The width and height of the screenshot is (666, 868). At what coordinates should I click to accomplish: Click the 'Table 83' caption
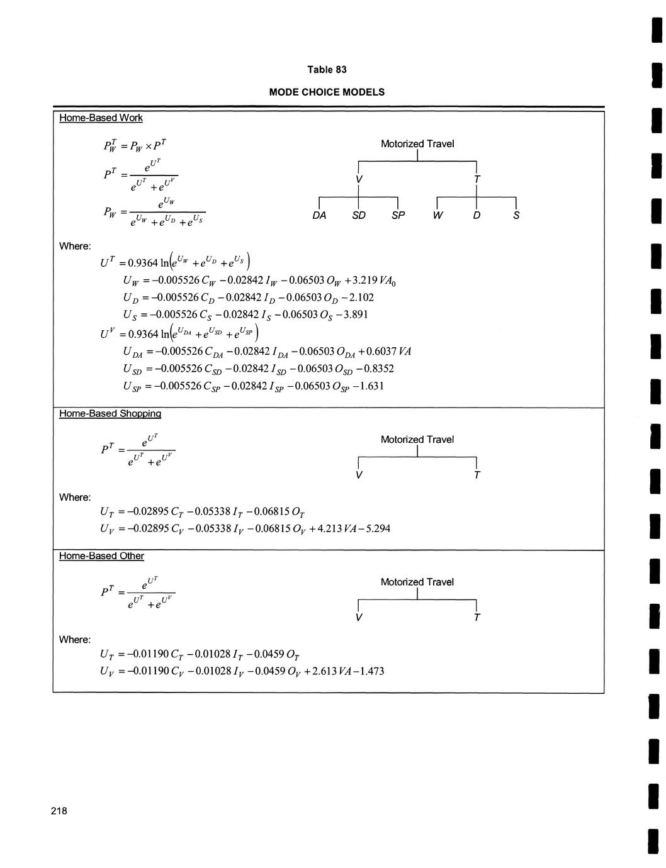[327, 69]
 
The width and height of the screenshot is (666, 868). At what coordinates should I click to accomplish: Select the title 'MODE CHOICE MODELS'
[327, 92]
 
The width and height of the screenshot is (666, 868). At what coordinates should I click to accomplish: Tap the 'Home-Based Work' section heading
[101, 118]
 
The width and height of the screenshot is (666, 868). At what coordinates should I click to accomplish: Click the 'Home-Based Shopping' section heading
[110, 413]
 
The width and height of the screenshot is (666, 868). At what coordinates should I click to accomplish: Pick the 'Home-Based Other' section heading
[101, 556]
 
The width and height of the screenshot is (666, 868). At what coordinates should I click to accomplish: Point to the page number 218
[59, 811]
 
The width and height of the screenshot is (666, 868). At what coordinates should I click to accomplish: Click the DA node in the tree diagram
[319, 216]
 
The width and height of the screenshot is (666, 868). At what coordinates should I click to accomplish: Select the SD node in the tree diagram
[358, 216]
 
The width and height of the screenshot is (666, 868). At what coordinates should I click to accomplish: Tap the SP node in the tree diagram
[398, 216]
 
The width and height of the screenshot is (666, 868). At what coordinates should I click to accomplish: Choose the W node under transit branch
[437, 216]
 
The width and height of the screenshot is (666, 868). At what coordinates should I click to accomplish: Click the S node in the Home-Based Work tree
[516, 216]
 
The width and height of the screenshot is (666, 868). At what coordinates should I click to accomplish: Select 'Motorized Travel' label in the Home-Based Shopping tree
[417, 440]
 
